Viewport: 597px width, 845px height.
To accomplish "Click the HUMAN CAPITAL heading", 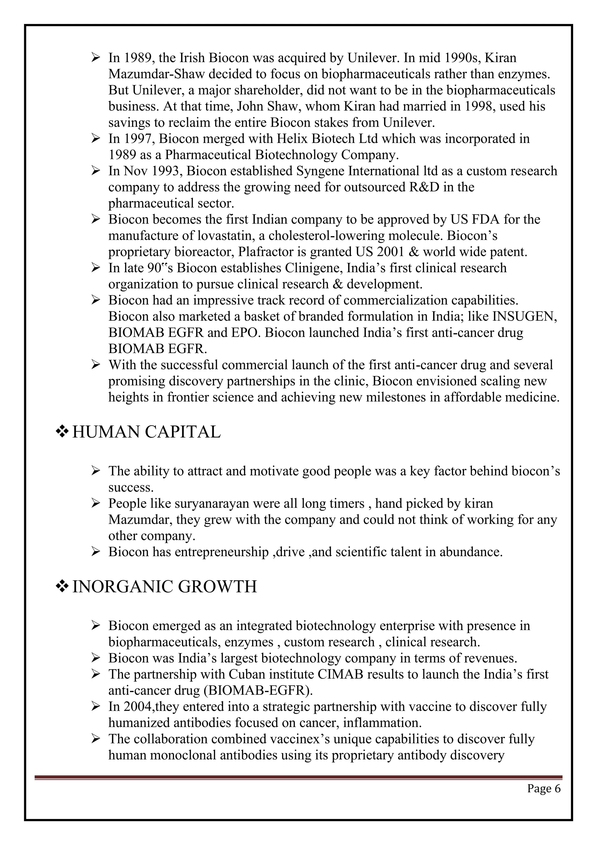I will (x=146, y=432).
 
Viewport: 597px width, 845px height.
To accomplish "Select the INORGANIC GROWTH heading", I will (x=164, y=586).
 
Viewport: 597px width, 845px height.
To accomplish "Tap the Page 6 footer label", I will (x=544, y=788).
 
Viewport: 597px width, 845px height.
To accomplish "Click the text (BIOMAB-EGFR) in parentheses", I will (x=258, y=690).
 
